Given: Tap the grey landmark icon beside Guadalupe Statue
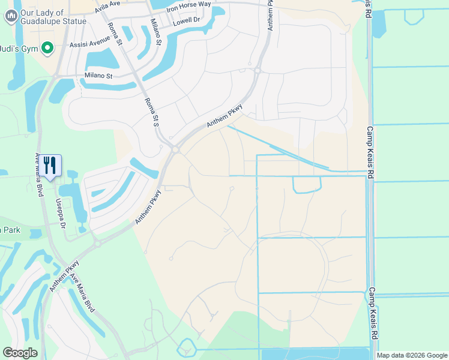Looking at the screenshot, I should [10, 17].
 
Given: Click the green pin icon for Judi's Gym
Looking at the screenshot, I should [48, 48].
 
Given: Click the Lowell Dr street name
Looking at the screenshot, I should [186, 22].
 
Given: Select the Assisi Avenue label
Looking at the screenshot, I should [89, 42].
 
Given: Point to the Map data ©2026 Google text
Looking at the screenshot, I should [411, 355].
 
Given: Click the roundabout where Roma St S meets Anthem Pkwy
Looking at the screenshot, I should [175, 149].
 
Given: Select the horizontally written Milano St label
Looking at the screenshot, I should [98, 76].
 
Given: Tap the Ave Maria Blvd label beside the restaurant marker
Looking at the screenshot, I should [40, 172].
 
